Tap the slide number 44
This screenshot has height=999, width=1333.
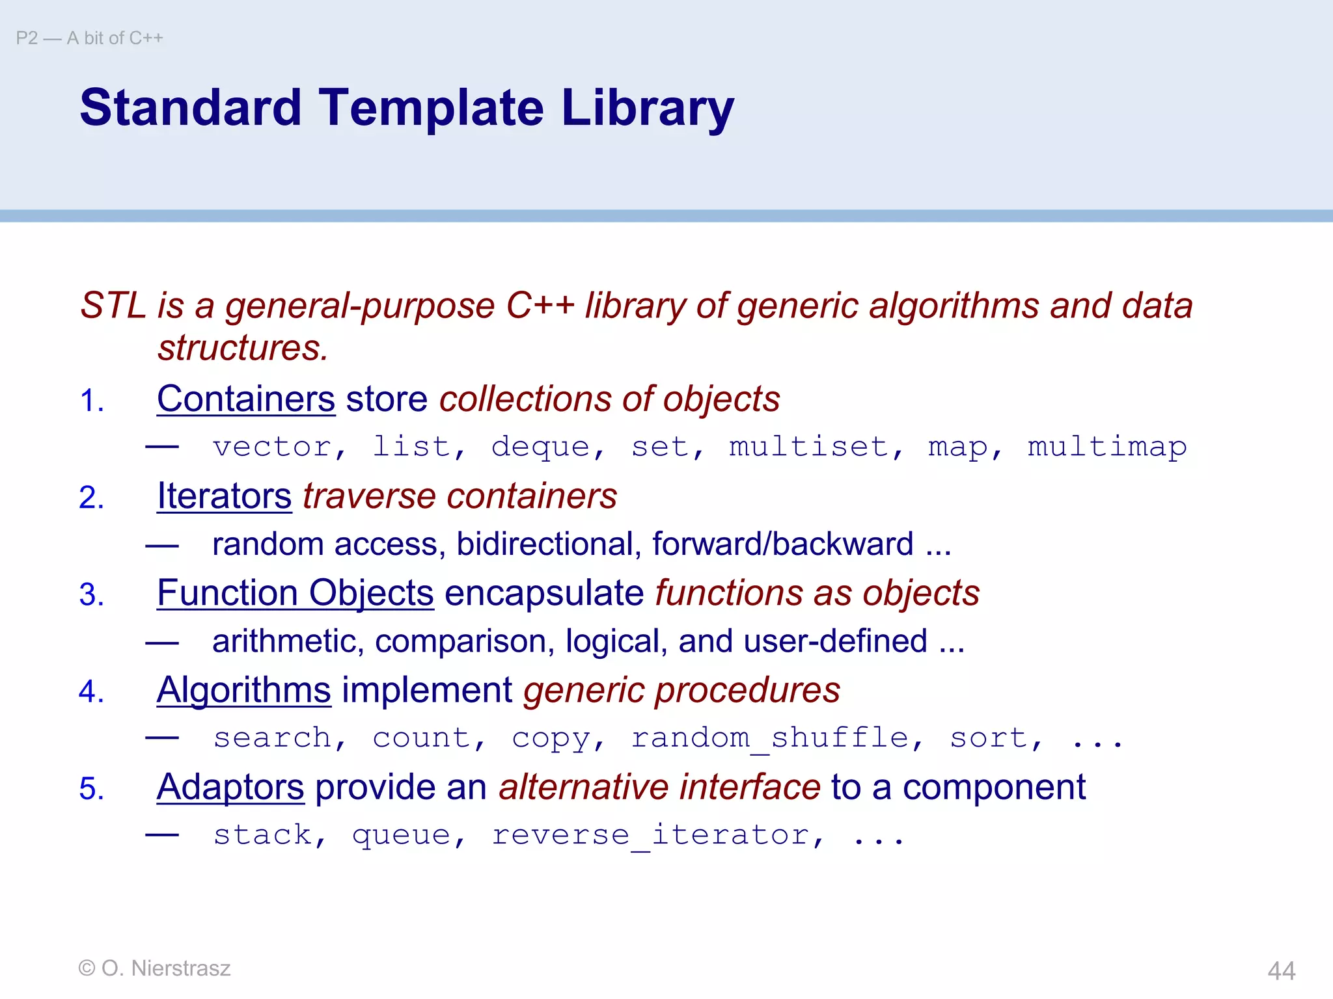coord(1281,970)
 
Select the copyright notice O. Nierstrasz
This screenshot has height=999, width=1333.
coord(154,968)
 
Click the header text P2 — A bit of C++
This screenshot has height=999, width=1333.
coord(89,38)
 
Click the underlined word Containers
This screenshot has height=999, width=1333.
coord(246,399)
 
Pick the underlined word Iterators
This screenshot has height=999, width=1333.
coord(224,496)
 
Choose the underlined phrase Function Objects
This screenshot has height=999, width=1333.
coord(295,593)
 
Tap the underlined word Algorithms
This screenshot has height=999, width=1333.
coord(243,690)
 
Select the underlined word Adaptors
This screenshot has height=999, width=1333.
coord(230,787)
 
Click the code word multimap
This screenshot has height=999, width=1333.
coord(1106,447)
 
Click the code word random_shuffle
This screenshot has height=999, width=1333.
coord(769,738)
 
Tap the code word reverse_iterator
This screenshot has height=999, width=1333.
coord(650,835)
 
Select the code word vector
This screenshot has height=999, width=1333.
coord(272,447)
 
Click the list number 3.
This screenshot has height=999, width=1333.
coord(90,594)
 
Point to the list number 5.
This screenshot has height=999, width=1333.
coord(90,789)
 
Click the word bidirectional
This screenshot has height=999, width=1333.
coord(545,544)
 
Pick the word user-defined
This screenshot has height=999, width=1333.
coord(835,641)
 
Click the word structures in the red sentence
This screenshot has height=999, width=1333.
coord(242,348)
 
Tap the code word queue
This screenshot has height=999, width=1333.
coord(401,835)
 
